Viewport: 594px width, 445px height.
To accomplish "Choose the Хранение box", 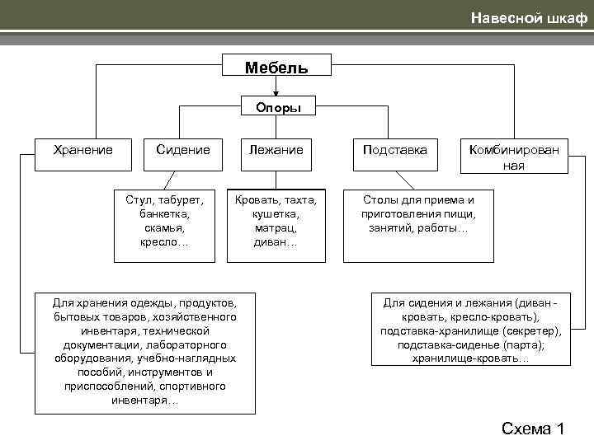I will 82,150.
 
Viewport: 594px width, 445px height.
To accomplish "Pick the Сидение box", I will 183,150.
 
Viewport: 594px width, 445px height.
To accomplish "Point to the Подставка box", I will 395,150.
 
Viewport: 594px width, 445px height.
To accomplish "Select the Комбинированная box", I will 513,157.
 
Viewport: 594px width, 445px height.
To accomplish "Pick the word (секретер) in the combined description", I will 531,330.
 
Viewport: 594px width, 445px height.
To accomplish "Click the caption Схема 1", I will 532,428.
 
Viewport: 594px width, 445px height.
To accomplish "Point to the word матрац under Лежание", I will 276,227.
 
